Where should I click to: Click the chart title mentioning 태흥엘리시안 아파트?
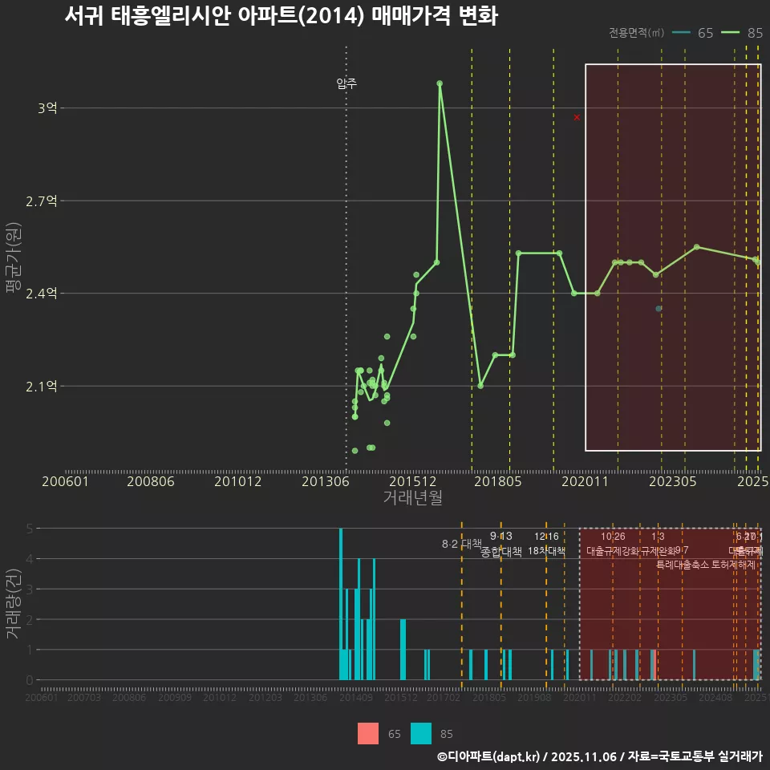[282, 16]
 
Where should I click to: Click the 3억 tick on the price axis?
[47, 108]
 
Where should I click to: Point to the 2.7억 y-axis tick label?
[43, 201]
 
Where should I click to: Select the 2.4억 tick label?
[43, 294]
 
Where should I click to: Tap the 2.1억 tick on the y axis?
[43, 387]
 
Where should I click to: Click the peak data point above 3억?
[440, 83]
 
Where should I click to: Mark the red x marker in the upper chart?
[577, 118]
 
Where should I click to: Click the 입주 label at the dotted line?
[346, 83]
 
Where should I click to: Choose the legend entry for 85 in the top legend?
[743, 33]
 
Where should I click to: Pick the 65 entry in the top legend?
[694, 33]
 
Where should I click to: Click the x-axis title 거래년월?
[412, 498]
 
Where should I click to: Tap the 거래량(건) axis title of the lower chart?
[14, 605]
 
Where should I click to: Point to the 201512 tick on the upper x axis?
[413, 481]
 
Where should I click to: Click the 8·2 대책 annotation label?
[461, 544]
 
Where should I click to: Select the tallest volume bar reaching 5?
[341, 604]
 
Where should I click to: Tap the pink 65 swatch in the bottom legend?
[368, 734]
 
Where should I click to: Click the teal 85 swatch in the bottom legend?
[420, 734]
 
